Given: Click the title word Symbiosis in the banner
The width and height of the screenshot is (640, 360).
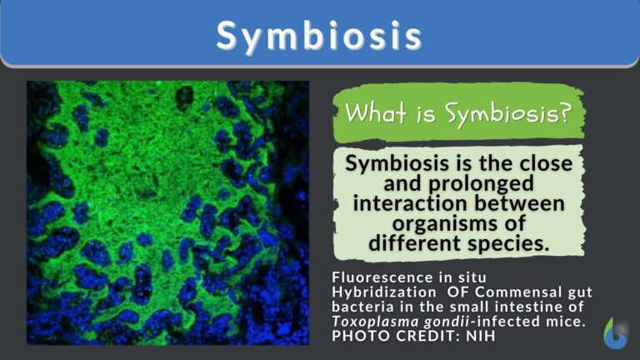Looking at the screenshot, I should [319, 34].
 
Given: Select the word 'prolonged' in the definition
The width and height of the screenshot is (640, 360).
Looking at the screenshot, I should [458, 184].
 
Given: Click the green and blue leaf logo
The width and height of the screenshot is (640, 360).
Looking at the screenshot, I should [616, 332].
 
